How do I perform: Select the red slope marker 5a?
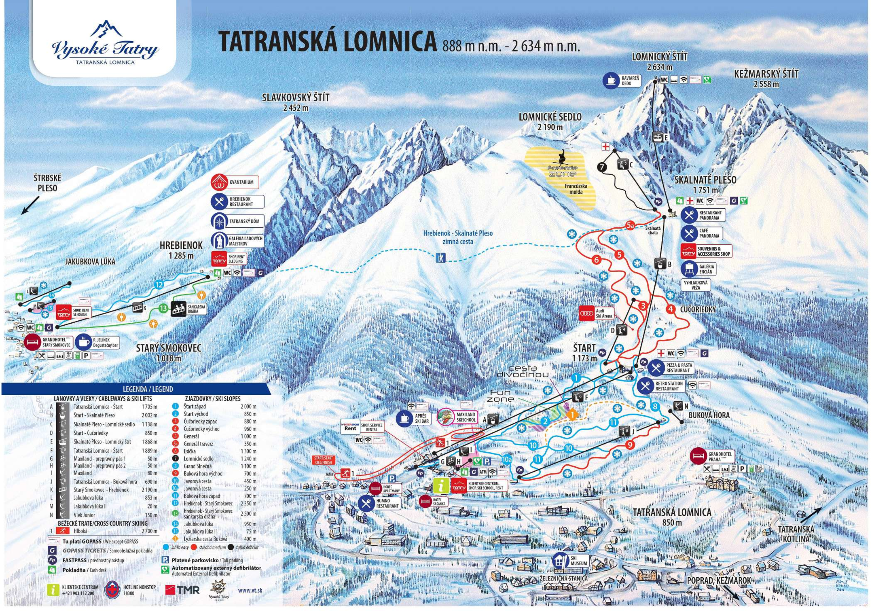[x=630, y=226]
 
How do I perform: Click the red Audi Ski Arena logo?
[x=585, y=314]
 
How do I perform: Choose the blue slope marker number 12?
[x=159, y=285]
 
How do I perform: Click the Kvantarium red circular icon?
[x=218, y=182]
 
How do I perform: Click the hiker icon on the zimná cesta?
[x=440, y=258]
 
